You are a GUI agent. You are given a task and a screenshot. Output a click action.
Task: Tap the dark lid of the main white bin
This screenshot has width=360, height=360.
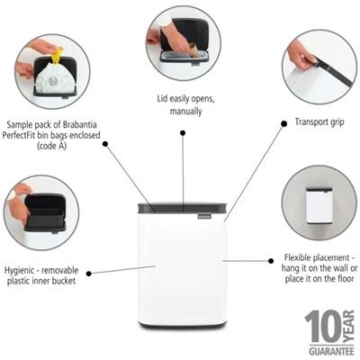184,208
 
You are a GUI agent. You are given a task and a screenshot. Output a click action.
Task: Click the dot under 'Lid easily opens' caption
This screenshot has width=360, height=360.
182,132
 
